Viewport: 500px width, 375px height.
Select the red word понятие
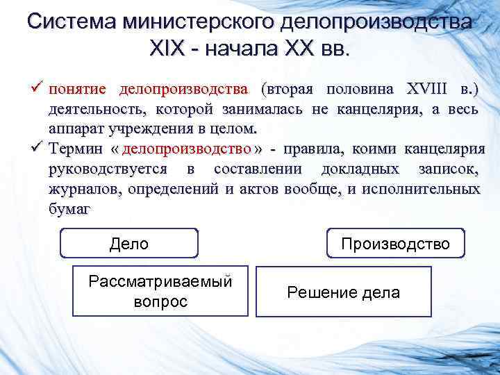[77, 90]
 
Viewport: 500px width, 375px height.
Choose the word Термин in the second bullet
[75, 149]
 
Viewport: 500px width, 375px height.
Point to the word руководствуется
[108, 169]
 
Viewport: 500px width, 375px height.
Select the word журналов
[81, 189]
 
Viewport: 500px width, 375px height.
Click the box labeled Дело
[129, 244]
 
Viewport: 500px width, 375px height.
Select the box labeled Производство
[395, 244]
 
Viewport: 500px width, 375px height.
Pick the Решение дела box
[343, 292]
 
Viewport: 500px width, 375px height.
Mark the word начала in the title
[238, 49]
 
